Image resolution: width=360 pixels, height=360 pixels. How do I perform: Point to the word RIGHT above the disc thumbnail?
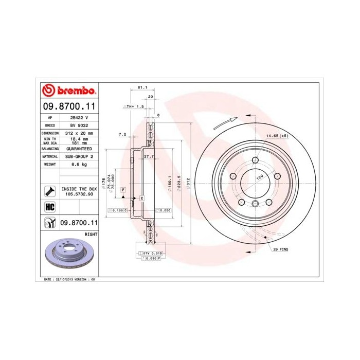(91, 233)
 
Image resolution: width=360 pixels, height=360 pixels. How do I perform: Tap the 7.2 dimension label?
(122, 134)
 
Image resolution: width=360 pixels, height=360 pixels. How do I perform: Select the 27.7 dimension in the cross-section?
(149, 156)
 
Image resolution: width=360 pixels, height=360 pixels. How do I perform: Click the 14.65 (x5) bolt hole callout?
(276, 136)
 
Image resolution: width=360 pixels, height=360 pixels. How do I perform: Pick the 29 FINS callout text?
(281, 248)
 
